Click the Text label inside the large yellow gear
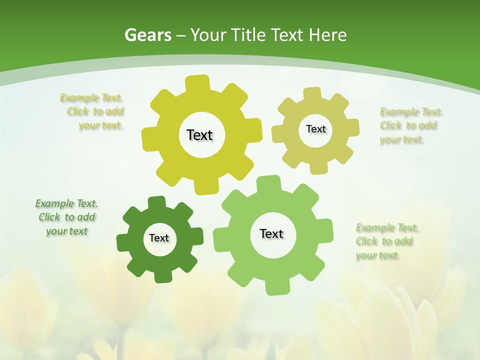point(199,135)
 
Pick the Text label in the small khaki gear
point(315,129)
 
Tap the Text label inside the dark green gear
point(159,238)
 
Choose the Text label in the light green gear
point(271,233)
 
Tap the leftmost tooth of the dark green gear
point(123,242)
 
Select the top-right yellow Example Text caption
point(410,125)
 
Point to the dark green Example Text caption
point(66,217)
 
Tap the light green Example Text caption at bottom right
point(386,241)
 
